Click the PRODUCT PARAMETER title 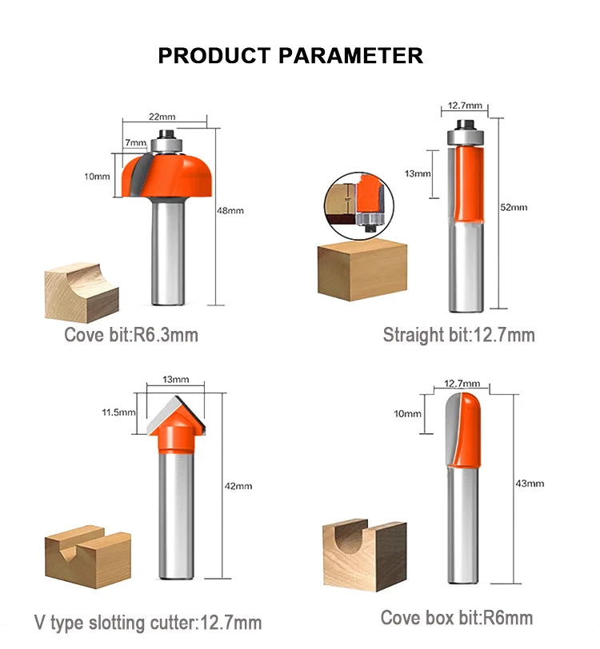tap(290, 56)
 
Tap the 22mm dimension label tap(162, 117)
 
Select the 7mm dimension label tap(135, 143)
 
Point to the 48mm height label tap(230, 210)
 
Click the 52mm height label tap(514, 207)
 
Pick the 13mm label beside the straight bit tap(418, 174)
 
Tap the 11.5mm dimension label tap(118, 412)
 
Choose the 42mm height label tap(238, 485)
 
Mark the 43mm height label tap(530, 483)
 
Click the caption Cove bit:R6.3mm tap(131, 334)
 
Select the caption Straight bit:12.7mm tap(458, 334)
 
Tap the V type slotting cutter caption tap(148, 622)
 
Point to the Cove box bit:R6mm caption tap(457, 618)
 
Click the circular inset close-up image tap(359, 205)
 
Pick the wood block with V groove tap(88, 556)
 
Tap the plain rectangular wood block tap(362, 269)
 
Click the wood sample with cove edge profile tap(82, 293)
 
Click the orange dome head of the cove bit tap(167, 175)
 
